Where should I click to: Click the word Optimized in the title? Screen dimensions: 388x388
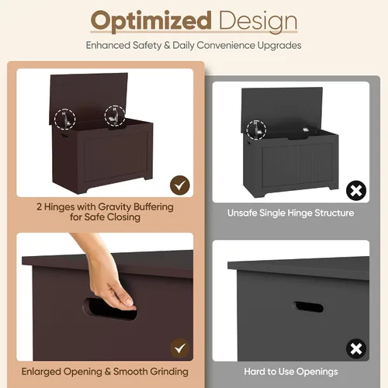click(151, 22)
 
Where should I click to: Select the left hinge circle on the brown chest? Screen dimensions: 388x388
click(64, 120)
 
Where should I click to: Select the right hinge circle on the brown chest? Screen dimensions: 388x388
click(115, 116)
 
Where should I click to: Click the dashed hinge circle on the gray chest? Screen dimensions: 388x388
click(256, 130)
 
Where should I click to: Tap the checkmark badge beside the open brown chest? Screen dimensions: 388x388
click(180, 185)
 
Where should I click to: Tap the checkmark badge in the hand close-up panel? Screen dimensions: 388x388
click(180, 348)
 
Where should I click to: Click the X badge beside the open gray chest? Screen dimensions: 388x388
click(356, 191)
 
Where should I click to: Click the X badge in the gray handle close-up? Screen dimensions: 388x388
click(356, 348)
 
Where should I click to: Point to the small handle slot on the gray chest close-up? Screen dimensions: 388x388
click(308, 307)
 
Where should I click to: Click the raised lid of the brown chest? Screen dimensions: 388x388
click(88, 99)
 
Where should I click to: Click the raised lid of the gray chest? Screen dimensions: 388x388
click(282, 110)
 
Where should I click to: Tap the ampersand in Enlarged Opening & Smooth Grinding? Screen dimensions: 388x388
click(108, 372)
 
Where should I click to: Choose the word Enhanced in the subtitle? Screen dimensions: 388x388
click(108, 46)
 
